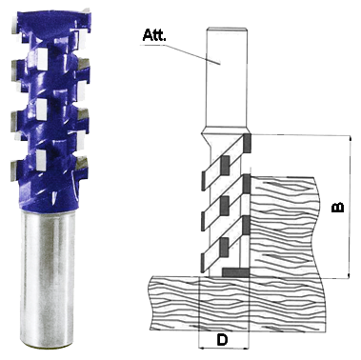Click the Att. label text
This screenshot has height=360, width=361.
click(154, 35)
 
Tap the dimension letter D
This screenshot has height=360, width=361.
click(222, 340)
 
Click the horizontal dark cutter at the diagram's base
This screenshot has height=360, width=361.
click(236, 272)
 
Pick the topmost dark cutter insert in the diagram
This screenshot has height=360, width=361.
click(248, 142)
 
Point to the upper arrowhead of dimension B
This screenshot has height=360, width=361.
click(350, 140)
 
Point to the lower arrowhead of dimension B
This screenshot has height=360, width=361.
click(350, 274)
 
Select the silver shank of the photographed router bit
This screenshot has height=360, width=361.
click(48, 279)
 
